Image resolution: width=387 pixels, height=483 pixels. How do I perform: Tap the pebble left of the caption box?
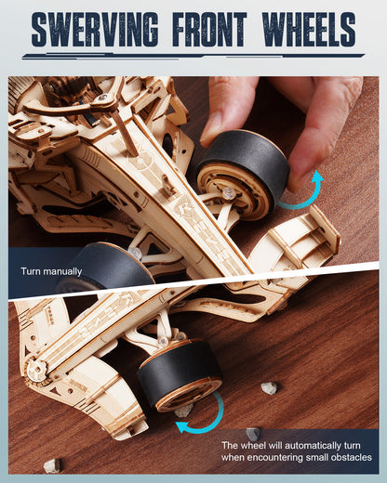point(252,433)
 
